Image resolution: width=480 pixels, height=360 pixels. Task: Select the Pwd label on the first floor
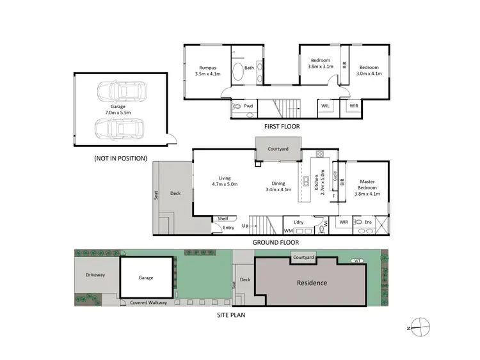248,106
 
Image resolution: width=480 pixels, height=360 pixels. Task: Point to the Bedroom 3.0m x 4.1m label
369,70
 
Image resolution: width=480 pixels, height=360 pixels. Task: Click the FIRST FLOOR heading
276,127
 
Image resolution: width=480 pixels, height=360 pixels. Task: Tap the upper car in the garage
122,91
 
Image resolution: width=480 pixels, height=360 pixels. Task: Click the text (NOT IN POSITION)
120,158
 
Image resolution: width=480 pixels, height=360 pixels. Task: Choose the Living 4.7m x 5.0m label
225,181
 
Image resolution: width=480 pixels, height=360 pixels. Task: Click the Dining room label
278,185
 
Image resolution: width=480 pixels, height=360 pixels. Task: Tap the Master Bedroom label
367,187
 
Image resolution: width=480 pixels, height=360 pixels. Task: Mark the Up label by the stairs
245,226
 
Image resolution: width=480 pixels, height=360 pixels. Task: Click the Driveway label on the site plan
95,275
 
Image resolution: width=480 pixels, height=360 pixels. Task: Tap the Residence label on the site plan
311,283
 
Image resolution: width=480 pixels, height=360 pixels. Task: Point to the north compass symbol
417,326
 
